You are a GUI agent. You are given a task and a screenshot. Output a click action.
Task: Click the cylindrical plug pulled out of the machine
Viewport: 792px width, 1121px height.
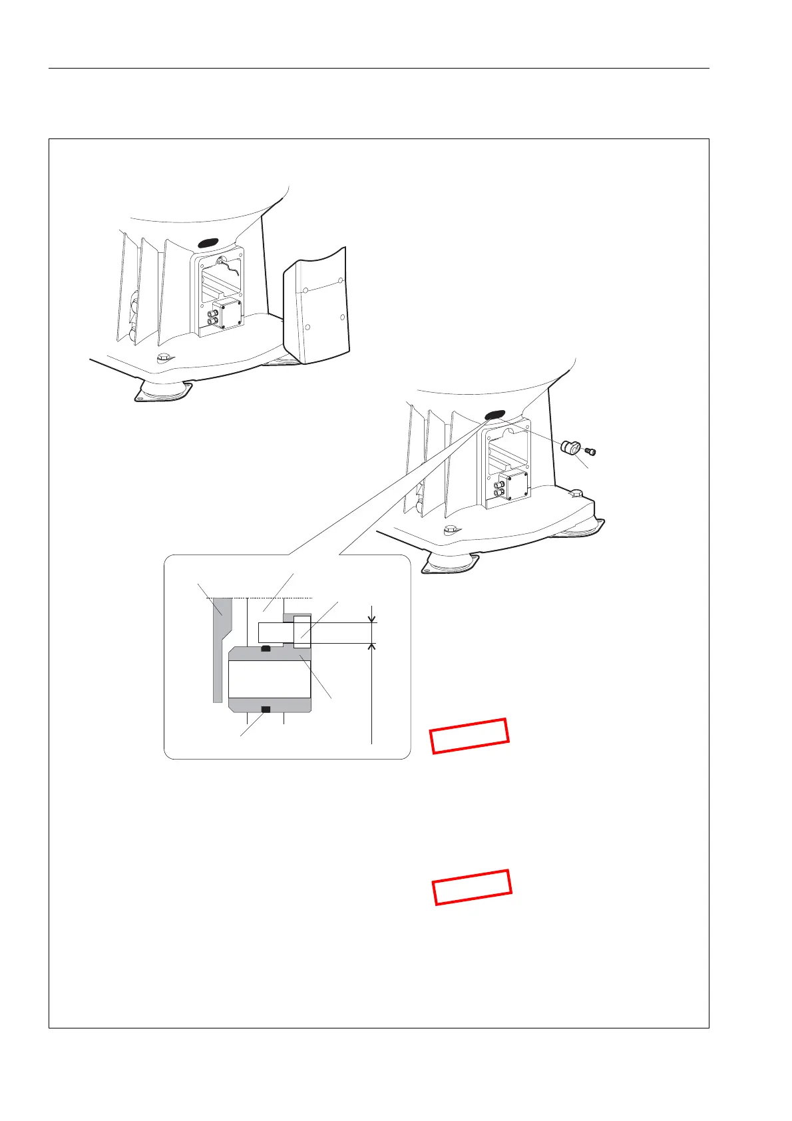click(571, 447)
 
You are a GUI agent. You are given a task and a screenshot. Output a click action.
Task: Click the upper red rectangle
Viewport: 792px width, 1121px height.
click(470, 736)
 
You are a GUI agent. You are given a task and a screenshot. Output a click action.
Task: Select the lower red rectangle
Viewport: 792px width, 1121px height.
click(473, 887)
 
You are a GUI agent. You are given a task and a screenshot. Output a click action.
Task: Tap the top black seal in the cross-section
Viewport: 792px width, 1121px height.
click(266, 648)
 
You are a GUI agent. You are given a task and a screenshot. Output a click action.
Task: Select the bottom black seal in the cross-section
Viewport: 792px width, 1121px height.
click(266, 710)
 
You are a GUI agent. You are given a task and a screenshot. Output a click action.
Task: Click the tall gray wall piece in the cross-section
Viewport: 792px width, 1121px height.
click(219, 646)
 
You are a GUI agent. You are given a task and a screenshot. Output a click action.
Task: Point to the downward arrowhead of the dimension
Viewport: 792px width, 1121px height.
click(371, 620)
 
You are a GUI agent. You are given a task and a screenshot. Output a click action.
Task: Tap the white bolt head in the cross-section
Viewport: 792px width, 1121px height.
click(301, 631)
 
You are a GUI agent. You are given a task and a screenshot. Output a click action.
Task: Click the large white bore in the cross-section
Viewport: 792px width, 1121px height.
click(270, 679)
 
